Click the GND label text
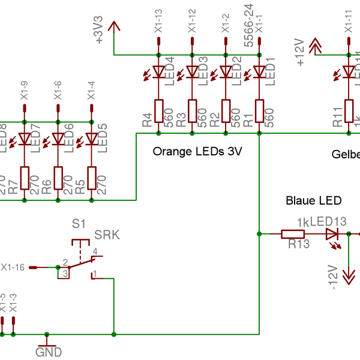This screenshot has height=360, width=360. click(x=49, y=352)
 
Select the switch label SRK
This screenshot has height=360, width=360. click(x=107, y=235)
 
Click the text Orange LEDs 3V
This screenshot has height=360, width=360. click(x=197, y=152)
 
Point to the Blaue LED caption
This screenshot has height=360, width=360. click(x=314, y=200)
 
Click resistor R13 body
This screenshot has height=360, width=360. click(x=293, y=233)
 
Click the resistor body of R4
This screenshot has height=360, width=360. click(x=159, y=110)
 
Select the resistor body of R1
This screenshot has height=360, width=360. click(x=260, y=110)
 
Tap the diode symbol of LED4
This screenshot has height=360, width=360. click(x=159, y=72)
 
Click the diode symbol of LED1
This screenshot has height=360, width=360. click(x=260, y=72)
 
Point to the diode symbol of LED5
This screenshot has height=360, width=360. click(x=92, y=139)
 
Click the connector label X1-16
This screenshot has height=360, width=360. click(x=13, y=267)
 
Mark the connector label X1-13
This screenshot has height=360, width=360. click(x=158, y=21)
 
